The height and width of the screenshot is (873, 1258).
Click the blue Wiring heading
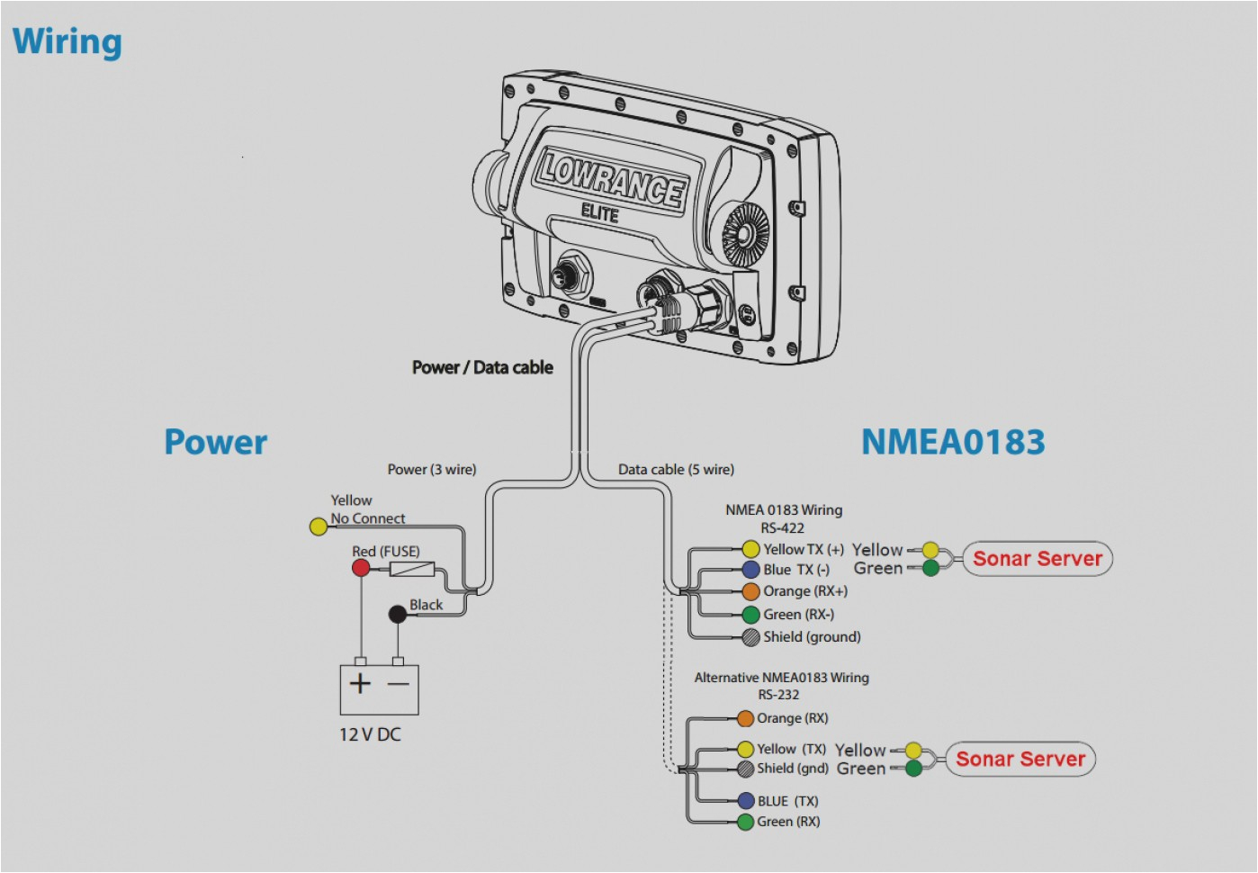67,41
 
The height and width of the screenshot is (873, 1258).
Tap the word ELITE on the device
599,213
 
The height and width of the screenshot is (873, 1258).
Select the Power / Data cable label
482,367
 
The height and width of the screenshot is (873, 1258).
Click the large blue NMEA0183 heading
953,442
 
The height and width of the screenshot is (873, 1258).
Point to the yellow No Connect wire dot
319,526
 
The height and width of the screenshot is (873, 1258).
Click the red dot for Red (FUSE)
361,568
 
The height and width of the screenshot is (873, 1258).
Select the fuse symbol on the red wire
412,569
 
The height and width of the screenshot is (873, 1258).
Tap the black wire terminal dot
397,614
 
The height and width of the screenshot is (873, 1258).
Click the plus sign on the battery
360,684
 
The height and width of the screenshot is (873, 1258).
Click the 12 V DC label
370,734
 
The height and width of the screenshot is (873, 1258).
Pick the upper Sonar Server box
1037,559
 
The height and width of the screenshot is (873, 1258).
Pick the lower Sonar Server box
1020,760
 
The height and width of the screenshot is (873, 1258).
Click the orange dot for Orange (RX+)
750,591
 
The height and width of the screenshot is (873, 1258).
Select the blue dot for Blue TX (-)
750,570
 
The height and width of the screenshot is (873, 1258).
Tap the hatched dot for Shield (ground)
750,637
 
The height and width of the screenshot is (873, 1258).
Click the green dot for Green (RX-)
750,615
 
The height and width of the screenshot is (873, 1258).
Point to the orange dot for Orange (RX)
745,718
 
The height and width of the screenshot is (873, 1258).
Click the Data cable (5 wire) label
676,470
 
